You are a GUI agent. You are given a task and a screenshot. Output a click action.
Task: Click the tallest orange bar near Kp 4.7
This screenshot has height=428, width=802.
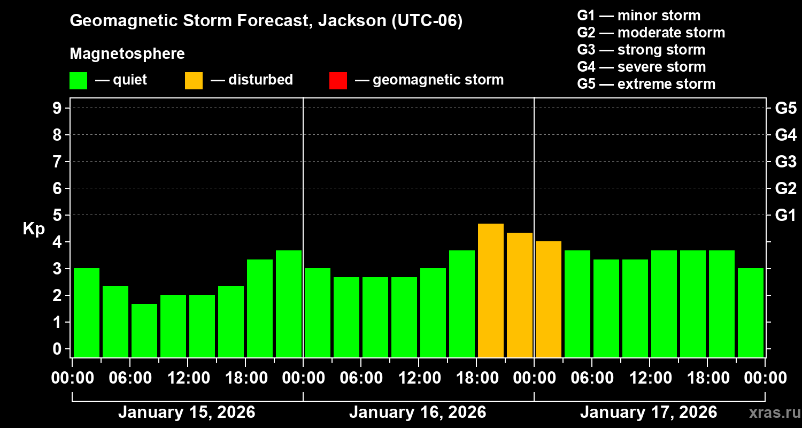coord(491,290)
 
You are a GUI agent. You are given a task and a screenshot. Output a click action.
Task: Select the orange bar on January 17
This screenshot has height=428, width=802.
coord(549,299)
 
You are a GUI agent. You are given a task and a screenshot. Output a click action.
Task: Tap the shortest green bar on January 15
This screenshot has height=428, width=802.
coord(144,330)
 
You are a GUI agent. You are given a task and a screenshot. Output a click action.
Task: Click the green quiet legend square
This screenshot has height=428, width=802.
coord(78,81)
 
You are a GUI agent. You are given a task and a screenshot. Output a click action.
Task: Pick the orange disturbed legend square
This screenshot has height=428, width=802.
coord(194,81)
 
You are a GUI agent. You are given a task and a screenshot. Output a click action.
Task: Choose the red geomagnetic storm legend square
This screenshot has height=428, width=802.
coord(338,81)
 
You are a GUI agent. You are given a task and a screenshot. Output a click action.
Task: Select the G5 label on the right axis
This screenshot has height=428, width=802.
coord(785,108)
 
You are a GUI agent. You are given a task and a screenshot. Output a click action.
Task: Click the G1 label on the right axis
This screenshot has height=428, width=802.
coord(785,215)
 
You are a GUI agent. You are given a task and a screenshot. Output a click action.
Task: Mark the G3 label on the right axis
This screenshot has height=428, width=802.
coord(785,162)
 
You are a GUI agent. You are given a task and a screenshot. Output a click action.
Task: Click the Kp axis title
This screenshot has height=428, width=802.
coord(34,229)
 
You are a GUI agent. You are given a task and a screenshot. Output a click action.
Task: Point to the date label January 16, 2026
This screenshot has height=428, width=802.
coord(418,412)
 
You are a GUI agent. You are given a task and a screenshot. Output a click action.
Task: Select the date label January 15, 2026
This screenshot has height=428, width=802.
coord(187,412)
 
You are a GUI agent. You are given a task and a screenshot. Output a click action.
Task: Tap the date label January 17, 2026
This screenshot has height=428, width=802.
coord(649,412)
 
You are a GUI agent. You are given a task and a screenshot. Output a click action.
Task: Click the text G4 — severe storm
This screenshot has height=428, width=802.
coord(642,67)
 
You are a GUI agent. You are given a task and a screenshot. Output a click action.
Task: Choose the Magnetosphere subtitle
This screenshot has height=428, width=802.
coord(127,54)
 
